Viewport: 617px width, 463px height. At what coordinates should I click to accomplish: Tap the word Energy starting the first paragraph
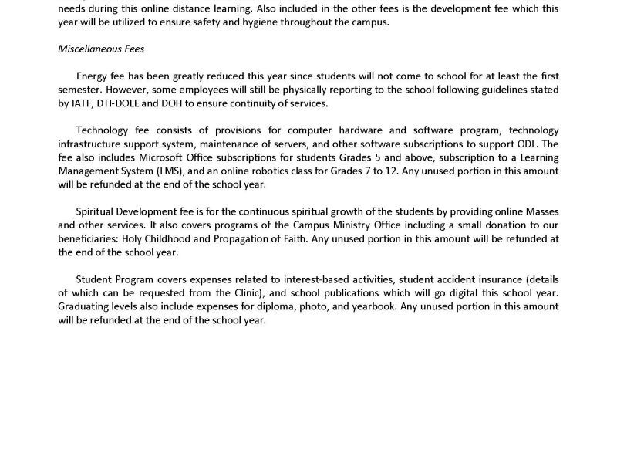tap(93, 76)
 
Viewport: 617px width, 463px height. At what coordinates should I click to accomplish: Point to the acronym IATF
tap(83, 104)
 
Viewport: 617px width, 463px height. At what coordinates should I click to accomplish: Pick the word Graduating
tap(84, 308)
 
